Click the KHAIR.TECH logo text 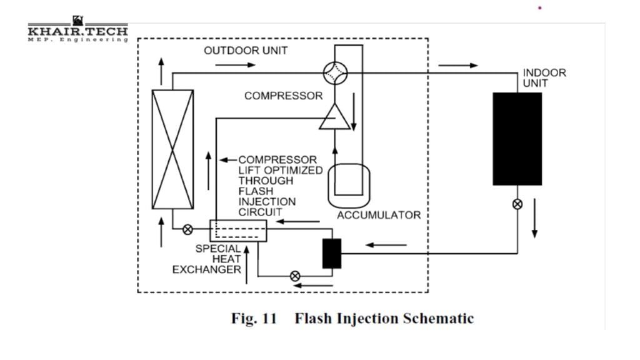coord(77,31)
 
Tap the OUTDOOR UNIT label coord(246,51)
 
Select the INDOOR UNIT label coord(536,77)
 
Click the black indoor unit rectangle coord(517,139)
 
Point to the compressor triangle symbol coord(335,117)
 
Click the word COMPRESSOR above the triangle coord(283,96)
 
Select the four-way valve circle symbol coord(335,72)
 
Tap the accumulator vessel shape coord(347,184)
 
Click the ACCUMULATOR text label coord(379,216)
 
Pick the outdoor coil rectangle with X coord(172,149)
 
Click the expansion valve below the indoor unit coord(517,204)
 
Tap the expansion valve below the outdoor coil coord(187,229)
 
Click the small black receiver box coord(332,253)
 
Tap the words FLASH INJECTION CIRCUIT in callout coord(267,202)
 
